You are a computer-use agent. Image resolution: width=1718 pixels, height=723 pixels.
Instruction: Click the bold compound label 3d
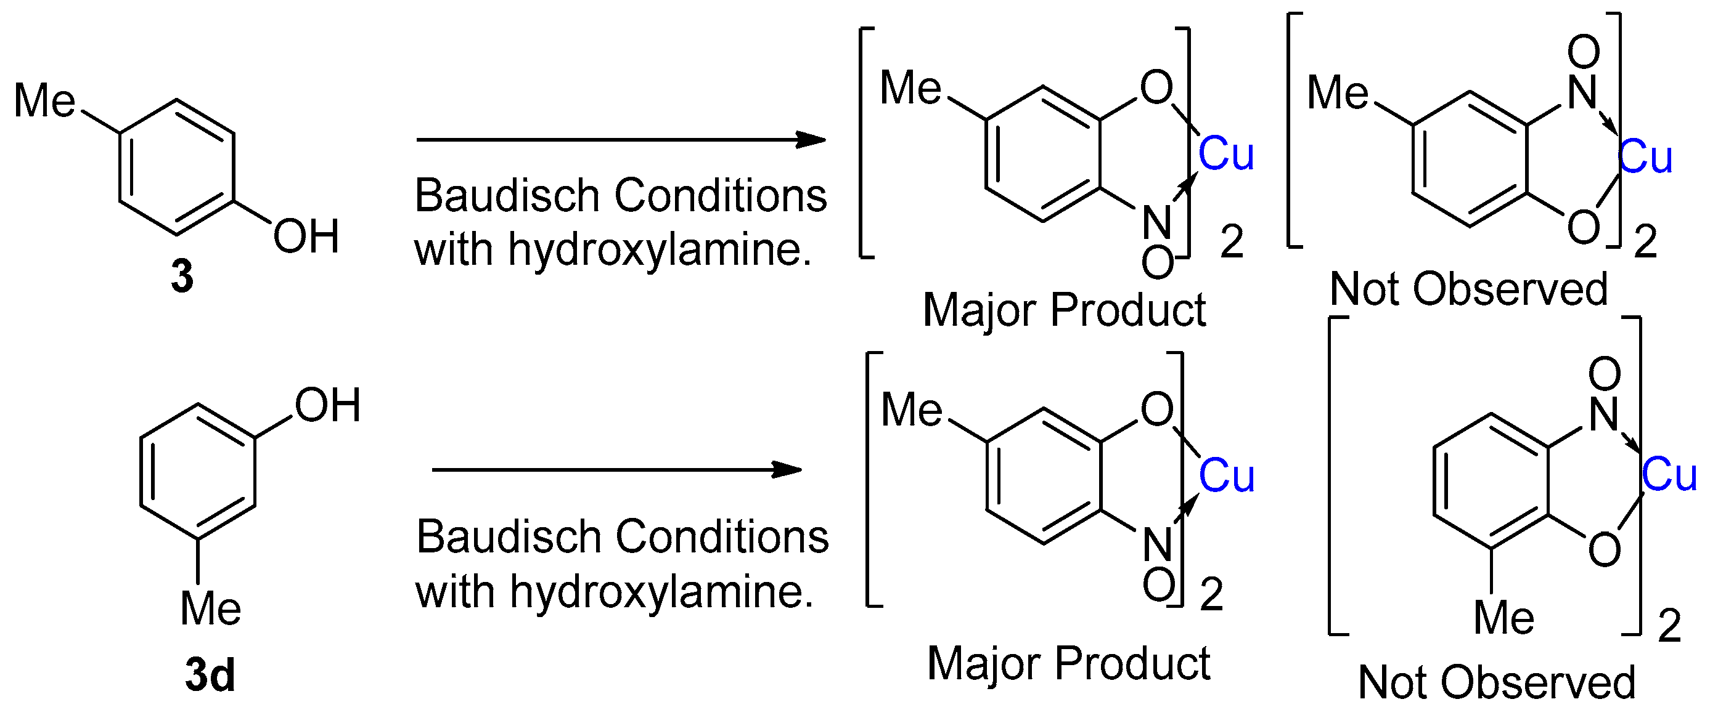tap(210, 675)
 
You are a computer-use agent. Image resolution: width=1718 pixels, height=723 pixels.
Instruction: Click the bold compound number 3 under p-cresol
tap(182, 276)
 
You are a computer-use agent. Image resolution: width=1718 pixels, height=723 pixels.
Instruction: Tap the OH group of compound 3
tap(306, 236)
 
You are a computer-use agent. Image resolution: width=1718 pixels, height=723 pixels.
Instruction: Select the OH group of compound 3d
tap(327, 405)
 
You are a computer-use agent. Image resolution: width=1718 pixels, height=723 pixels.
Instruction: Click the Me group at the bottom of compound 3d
tap(211, 608)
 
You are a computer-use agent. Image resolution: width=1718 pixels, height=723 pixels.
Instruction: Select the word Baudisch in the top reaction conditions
tap(507, 196)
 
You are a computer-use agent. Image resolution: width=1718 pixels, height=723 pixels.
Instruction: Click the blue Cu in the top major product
tap(1226, 154)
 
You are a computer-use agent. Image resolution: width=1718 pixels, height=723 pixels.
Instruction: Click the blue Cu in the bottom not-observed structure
tap(1669, 475)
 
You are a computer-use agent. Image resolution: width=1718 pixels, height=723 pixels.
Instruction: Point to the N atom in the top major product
tap(1157, 222)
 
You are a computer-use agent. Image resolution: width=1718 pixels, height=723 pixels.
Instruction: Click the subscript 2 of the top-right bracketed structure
tap(1645, 242)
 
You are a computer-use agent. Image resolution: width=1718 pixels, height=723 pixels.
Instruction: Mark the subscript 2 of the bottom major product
tap(1212, 594)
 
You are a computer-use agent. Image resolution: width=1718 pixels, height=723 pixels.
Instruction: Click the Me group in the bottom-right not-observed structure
tap(1504, 618)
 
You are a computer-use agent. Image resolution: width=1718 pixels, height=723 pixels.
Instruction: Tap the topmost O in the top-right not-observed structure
tap(1583, 51)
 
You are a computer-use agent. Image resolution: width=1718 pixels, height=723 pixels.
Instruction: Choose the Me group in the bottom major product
tap(912, 409)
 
